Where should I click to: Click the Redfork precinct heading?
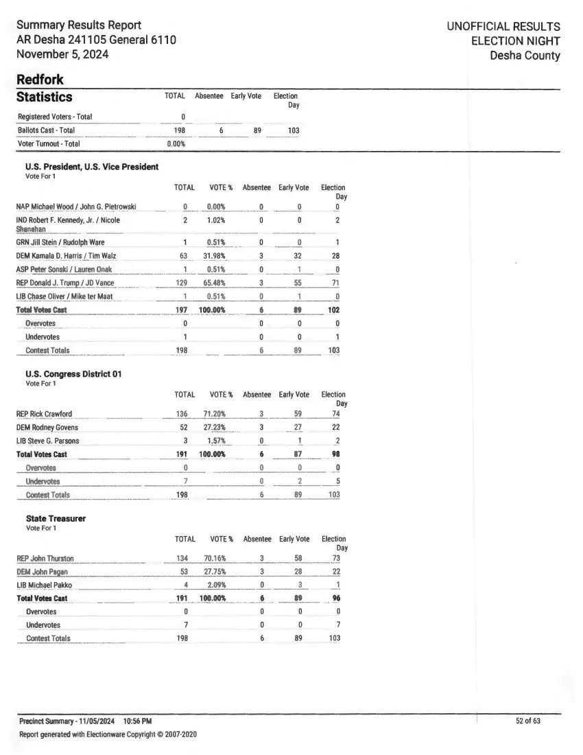click(40, 80)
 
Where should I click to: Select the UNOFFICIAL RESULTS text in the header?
click(503, 27)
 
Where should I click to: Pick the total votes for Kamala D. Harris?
click(184, 256)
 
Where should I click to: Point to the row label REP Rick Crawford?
click(44, 414)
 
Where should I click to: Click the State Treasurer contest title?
click(56, 519)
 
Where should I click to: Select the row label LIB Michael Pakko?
click(44, 585)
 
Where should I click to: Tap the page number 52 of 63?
click(528, 721)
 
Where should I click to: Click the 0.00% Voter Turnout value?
click(176, 144)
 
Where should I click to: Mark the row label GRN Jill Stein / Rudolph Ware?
click(60, 242)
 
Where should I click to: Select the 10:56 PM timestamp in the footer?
click(138, 721)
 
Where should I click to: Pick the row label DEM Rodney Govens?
click(47, 427)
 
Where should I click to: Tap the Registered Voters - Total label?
click(55, 117)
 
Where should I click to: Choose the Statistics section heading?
click(44, 97)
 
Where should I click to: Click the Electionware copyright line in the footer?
click(108, 734)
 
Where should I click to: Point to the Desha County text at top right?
click(525, 56)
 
